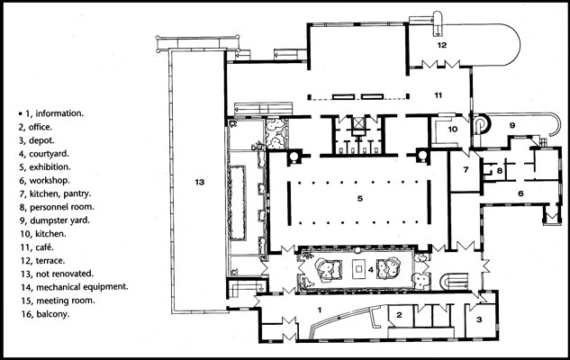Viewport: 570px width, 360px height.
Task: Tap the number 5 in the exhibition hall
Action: [x=359, y=201]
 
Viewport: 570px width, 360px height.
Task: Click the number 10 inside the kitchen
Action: [x=453, y=130]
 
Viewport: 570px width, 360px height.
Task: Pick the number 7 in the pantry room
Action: [x=466, y=169]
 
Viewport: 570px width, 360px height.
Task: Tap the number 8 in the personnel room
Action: [x=496, y=169]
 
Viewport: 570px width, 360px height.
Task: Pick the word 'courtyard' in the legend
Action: [x=53, y=157]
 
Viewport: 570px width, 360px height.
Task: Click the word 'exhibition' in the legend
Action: [x=55, y=171]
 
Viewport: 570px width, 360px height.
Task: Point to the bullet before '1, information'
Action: [x=19, y=114]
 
